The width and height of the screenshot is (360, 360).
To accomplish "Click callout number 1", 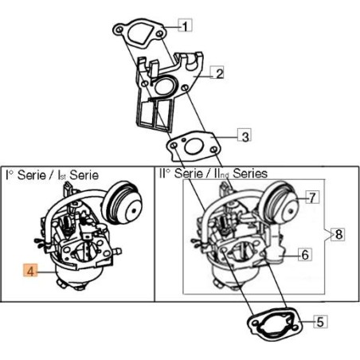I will [x=185, y=25].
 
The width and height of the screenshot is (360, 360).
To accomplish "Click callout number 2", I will [x=217, y=74].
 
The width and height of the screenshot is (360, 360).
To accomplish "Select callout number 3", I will [x=245, y=136].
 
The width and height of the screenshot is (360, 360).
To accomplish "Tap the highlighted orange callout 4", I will [x=29, y=271].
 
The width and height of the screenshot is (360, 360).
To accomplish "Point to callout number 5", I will [x=319, y=323].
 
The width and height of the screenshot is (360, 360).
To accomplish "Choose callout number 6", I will [x=303, y=255].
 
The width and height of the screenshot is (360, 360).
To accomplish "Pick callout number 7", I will [x=312, y=197].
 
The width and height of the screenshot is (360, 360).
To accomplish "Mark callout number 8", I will [x=338, y=234].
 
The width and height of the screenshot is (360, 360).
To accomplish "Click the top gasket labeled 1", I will [x=139, y=33].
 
